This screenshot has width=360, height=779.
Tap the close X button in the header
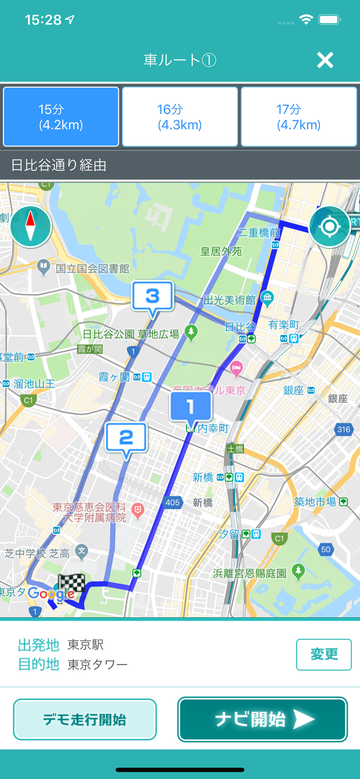click(x=325, y=60)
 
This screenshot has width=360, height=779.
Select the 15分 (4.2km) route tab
click(x=61, y=117)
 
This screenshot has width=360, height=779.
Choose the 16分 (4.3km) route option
click(x=180, y=117)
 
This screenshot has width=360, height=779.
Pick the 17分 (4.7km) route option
click(x=299, y=117)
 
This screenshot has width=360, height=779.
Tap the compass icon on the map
click(x=30, y=226)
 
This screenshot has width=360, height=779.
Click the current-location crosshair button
click(x=329, y=226)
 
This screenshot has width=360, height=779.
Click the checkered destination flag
click(x=71, y=584)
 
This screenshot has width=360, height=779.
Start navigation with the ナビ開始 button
click(x=262, y=719)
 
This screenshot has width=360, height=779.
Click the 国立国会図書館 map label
click(x=92, y=269)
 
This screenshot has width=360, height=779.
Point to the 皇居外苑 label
click(x=221, y=251)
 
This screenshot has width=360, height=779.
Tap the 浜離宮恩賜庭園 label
click(x=250, y=573)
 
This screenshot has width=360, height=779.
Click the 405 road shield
click(x=172, y=502)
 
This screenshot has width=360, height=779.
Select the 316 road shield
click(x=344, y=429)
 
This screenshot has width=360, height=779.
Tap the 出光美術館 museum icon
click(x=268, y=298)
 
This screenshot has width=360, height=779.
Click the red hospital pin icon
click(x=138, y=510)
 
